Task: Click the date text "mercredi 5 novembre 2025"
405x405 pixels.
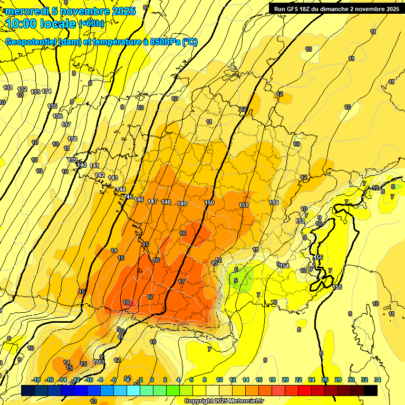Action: [71, 11]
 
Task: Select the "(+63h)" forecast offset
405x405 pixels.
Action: [91, 24]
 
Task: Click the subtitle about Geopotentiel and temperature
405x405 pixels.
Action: [101, 42]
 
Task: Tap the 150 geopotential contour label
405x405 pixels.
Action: [209, 202]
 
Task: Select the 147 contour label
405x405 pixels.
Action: [152, 201]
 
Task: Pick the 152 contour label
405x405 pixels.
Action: [274, 202]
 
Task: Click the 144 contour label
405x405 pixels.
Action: [121, 189]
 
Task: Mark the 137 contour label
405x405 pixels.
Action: [66, 124]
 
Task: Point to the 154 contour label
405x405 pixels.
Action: [285, 266]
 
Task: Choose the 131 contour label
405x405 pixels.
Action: [7, 88]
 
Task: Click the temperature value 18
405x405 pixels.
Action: [126, 302]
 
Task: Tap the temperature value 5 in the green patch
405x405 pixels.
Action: [236, 281]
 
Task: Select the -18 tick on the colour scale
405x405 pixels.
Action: [36, 380]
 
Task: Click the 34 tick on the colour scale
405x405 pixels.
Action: [377, 380]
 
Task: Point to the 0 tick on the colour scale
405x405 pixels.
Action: [152, 380]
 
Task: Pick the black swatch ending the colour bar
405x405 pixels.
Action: [371, 390]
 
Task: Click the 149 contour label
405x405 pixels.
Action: [182, 204]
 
